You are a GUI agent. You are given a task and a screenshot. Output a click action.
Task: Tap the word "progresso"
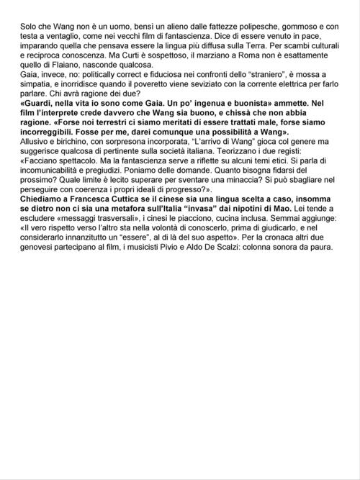[x=187, y=205]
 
